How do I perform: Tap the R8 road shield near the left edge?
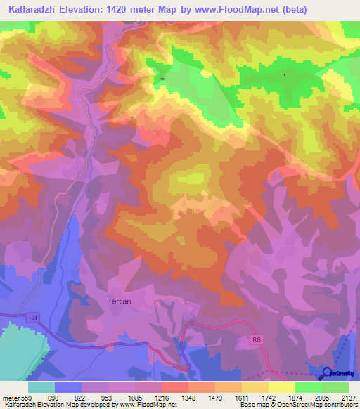coord(32,318)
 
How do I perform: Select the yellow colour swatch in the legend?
coord(282,387)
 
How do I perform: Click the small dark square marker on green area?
coord(162,79)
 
